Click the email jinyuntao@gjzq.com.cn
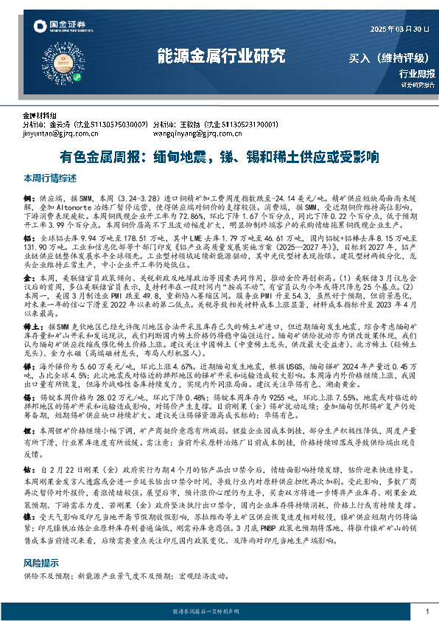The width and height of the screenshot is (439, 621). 55,135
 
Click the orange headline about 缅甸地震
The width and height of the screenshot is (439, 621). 219,157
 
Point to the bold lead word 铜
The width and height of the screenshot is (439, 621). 28,199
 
